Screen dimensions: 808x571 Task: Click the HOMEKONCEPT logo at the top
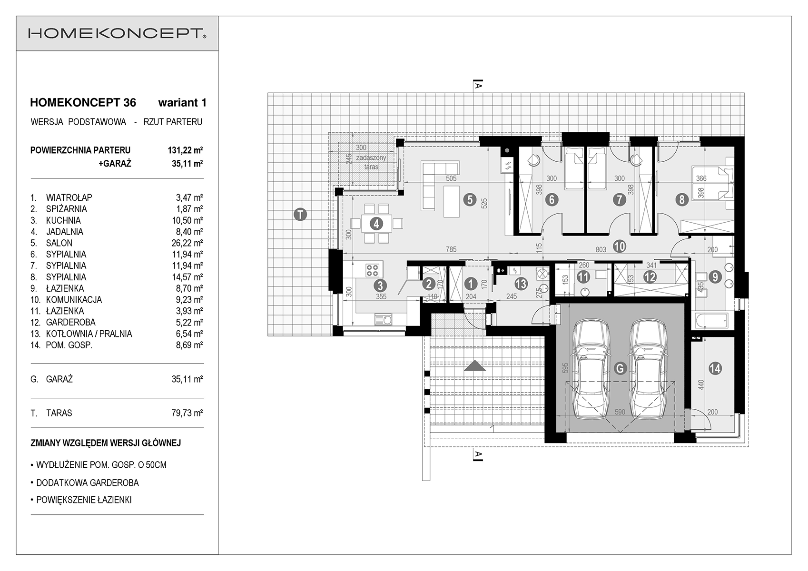pos(117,33)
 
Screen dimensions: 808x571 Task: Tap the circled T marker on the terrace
pos(300,215)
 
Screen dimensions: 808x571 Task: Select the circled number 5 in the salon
pos(470,199)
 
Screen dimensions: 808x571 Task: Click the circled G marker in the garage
pos(620,368)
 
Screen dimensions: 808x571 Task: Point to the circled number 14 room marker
pos(715,368)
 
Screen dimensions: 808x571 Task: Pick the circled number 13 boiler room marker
pos(521,284)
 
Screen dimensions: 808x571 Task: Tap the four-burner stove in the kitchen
pos(372,270)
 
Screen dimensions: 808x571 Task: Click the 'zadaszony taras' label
pos(371,162)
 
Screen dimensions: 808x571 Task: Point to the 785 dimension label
pos(451,249)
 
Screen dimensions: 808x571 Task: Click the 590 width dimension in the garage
pos(620,412)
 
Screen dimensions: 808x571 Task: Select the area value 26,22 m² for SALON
pos(187,243)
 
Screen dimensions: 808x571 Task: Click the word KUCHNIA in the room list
pos(63,220)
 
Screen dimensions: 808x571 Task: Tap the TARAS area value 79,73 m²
pos(187,413)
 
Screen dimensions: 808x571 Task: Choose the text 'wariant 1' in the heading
pos(182,103)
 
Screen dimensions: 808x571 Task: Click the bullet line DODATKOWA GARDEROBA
pos(85,482)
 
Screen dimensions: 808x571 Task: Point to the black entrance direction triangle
pos(475,365)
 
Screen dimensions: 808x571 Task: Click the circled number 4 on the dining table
pos(376,224)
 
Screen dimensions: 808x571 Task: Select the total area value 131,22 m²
pos(185,150)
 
